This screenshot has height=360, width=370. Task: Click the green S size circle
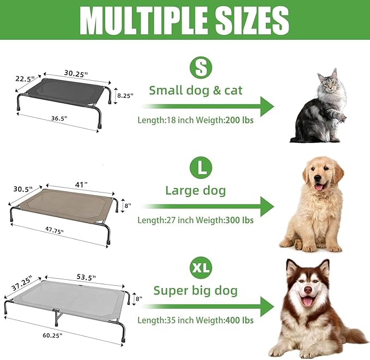(x=201, y=68)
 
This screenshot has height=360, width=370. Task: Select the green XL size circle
(x=201, y=268)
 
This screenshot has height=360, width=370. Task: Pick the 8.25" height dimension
(x=125, y=95)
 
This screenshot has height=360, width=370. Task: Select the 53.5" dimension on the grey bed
(x=85, y=278)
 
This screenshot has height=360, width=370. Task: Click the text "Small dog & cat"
(x=196, y=91)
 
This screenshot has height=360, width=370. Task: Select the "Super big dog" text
(x=196, y=290)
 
